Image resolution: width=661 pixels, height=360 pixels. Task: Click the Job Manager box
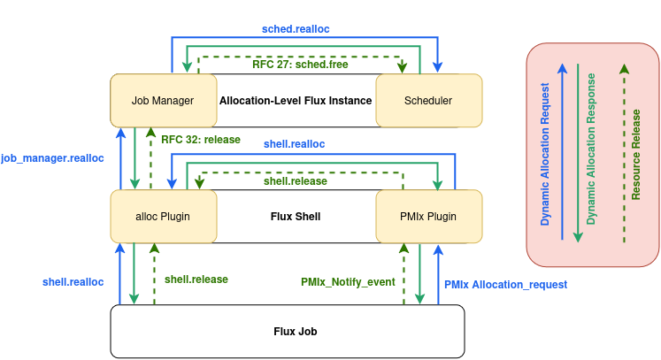[164, 100]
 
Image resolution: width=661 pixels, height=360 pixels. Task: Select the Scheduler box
[429, 100]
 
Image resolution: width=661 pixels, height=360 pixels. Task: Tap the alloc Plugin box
[164, 216]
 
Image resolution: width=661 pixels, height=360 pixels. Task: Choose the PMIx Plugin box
[429, 216]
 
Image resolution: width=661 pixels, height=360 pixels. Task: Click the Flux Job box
[288, 332]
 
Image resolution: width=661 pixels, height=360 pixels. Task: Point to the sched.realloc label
[296, 29]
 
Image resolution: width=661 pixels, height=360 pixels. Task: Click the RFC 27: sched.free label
[300, 65]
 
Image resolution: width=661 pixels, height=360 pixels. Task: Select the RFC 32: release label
[201, 140]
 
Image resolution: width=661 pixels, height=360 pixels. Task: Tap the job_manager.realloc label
[52, 158]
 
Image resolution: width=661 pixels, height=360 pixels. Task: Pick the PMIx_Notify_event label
[348, 282]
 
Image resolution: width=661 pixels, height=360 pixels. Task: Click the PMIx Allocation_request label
[505, 285]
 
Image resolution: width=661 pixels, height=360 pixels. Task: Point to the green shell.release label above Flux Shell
[295, 181]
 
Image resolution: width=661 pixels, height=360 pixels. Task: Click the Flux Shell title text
[296, 217]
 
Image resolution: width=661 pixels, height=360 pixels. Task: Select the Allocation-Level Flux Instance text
[296, 101]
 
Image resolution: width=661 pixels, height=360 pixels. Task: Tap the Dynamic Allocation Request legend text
[545, 154]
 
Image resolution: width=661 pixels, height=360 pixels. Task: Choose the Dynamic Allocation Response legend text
[591, 149]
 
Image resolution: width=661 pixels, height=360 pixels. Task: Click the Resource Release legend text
[635, 155]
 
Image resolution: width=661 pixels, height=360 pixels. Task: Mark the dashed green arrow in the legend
[625, 153]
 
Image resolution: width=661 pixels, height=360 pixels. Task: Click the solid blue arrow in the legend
[563, 152]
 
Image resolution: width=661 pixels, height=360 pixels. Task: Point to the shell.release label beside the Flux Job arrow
[196, 280]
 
